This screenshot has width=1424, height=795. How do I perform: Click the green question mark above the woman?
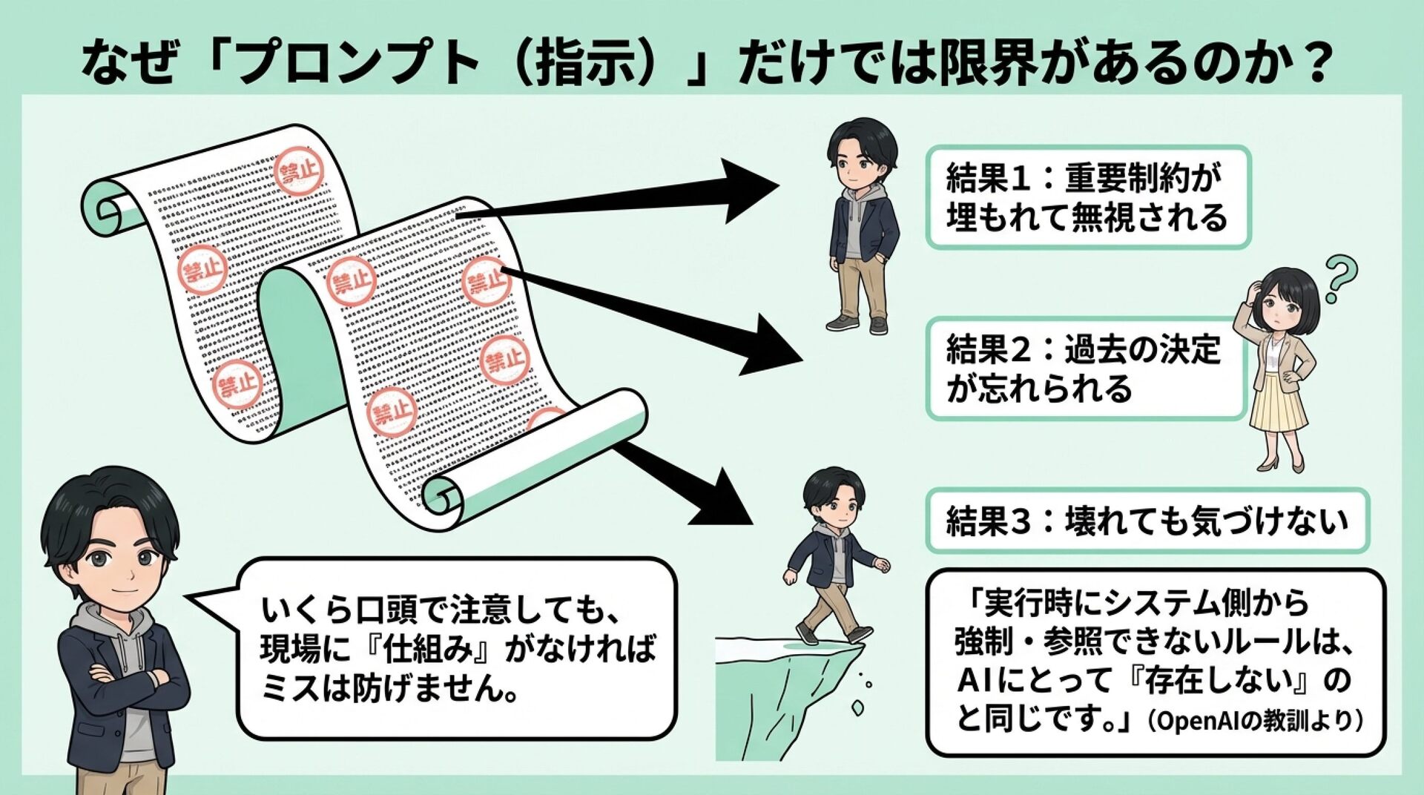[1340, 277]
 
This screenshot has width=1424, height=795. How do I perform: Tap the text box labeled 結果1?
[1088, 197]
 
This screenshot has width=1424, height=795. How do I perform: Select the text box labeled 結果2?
[1084, 369]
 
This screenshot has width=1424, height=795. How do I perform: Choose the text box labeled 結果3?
[1147, 521]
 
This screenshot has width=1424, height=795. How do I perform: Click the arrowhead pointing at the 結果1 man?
[749, 190]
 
